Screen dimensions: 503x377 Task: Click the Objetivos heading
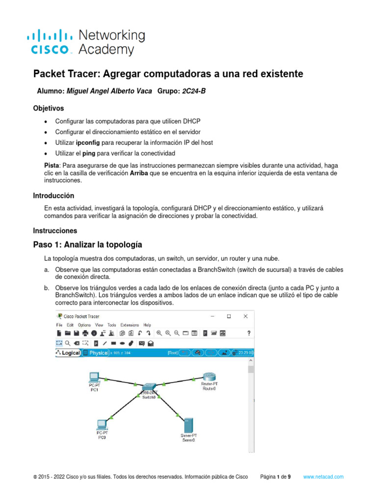48,108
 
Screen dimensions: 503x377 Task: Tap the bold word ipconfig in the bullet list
88,142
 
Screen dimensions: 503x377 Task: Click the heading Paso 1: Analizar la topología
87,244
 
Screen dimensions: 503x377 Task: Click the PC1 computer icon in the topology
93,378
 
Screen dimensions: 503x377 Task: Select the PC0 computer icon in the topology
102,424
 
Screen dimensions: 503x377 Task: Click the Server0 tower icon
188,424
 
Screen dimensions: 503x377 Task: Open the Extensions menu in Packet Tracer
130,325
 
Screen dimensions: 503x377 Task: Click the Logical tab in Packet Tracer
68,353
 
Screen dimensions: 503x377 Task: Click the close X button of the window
246,316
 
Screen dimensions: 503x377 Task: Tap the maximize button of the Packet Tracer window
229,316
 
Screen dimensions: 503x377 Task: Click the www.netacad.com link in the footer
323,476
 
